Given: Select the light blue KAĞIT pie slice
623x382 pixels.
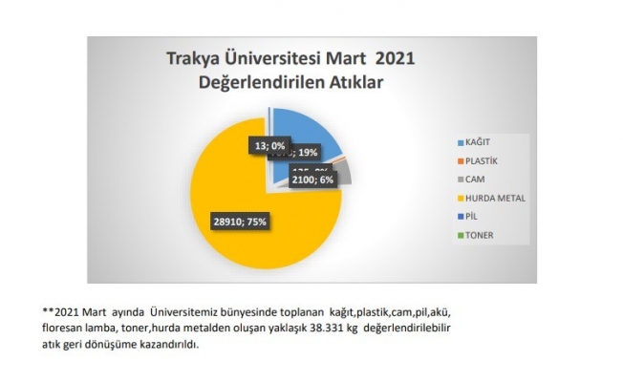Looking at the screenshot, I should point(304,128).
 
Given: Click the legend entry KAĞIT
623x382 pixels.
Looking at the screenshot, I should point(477,141).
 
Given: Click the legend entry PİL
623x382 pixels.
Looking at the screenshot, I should point(472,217).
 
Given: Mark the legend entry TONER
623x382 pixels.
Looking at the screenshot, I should point(478,235).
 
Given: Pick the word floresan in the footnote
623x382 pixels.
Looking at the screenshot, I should point(65,329).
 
